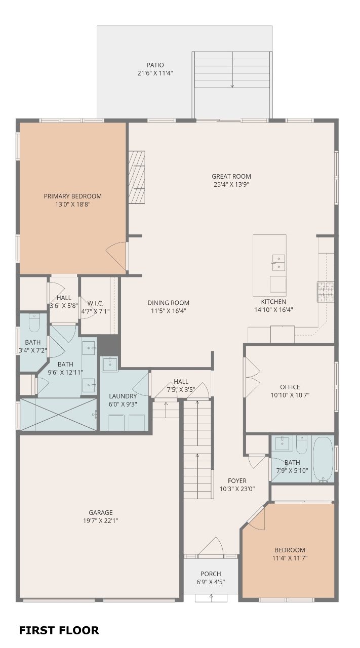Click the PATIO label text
(x=155, y=65)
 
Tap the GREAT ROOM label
(x=231, y=177)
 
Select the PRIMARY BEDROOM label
(x=72, y=196)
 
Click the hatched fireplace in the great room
(x=137, y=177)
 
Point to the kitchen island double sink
(x=278, y=263)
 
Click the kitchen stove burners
(x=326, y=292)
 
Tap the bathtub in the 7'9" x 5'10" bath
(x=323, y=459)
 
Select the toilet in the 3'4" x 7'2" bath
(x=34, y=323)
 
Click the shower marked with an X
(x=58, y=415)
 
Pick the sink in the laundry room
(x=110, y=364)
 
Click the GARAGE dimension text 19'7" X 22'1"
(x=100, y=521)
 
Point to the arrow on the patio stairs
(x=232, y=69)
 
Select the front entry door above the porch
(x=211, y=547)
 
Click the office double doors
(x=252, y=377)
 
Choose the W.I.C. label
(x=95, y=303)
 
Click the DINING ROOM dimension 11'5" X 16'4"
(x=169, y=311)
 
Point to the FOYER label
(x=237, y=481)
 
